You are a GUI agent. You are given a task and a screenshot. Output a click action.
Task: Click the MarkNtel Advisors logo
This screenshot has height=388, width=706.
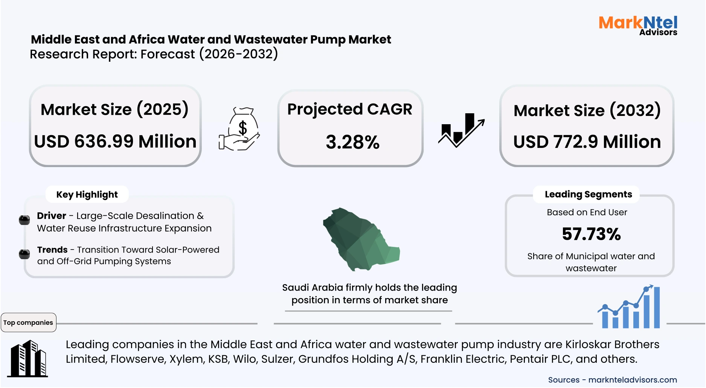[x=638, y=25]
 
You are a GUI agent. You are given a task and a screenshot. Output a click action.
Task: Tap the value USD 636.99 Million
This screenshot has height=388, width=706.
[x=115, y=142]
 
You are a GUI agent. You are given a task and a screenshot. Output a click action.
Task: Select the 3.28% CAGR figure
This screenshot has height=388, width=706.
[x=352, y=142]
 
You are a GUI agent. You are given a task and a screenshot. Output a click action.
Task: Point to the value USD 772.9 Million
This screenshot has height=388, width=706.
[x=587, y=142]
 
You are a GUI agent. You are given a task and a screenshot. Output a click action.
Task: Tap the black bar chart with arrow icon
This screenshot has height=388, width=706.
[x=461, y=130]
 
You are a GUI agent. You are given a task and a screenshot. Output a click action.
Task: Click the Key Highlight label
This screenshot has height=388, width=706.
[x=87, y=195]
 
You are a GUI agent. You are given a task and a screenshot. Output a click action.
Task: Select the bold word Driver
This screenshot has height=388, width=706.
[x=52, y=216]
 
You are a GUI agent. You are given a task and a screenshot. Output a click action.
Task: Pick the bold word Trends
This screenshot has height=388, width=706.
[x=52, y=250]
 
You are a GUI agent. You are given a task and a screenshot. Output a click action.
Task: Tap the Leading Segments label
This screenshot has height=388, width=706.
[x=588, y=194]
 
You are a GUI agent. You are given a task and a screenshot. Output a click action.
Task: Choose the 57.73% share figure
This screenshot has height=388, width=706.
[x=591, y=234]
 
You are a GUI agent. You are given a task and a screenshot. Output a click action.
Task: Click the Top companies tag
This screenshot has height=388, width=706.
[x=28, y=323]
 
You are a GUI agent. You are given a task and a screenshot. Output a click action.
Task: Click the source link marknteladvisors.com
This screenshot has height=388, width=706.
[x=633, y=380]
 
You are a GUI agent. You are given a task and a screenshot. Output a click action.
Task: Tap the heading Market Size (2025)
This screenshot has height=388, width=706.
[x=114, y=110]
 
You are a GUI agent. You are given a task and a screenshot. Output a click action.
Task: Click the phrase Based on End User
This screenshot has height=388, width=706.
[x=587, y=212]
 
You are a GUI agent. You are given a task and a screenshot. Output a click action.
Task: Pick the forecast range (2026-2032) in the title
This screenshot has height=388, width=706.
[x=239, y=54]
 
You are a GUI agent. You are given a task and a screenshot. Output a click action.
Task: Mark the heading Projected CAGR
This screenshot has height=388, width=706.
[x=350, y=109]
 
